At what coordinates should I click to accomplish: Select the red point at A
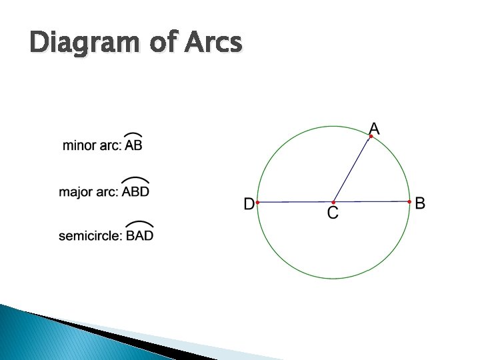click(x=371, y=137)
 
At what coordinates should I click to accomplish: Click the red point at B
click(x=409, y=201)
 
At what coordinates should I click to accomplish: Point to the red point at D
click(x=257, y=202)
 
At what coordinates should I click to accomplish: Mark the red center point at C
click(x=333, y=202)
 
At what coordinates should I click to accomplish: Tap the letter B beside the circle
click(x=420, y=203)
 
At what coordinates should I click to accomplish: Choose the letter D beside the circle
click(x=249, y=204)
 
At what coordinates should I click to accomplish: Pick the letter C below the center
click(x=333, y=213)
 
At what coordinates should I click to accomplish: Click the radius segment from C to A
click(x=352, y=169)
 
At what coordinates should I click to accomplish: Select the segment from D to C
click(x=295, y=202)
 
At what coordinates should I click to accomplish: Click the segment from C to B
click(x=371, y=201)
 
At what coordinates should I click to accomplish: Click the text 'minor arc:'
click(x=92, y=145)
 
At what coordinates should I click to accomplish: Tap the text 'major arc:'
click(x=89, y=192)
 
